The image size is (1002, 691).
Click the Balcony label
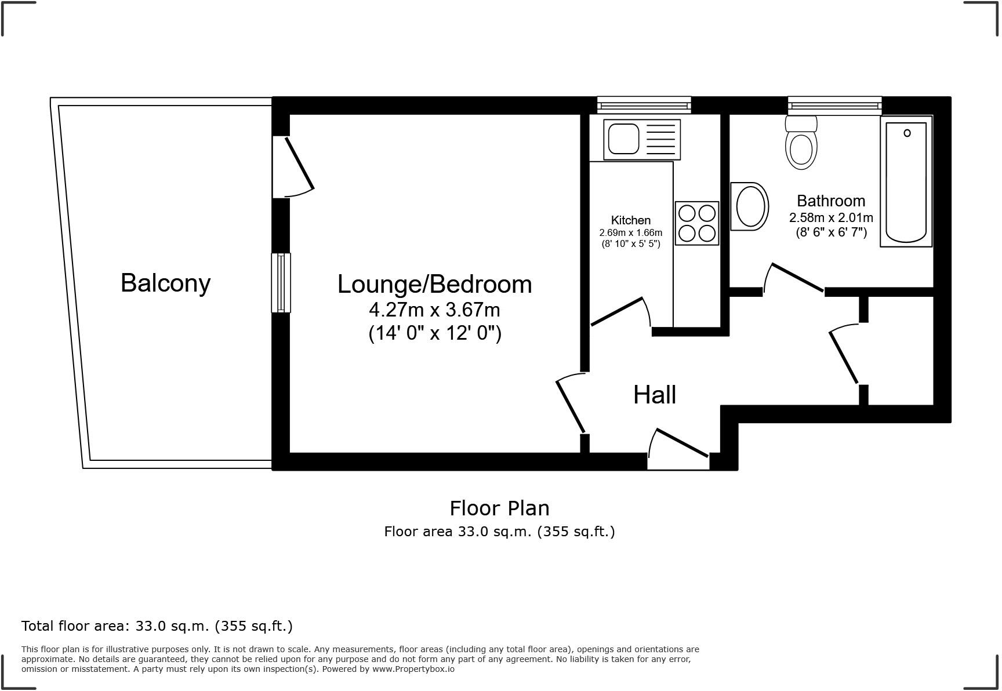click(x=165, y=283)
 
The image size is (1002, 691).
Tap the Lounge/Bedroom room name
click(x=434, y=284)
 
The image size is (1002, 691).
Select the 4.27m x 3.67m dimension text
click(x=434, y=310)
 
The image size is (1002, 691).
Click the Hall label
click(x=655, y=395)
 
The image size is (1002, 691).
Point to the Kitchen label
click(x=631, y=220)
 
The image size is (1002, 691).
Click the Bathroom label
click(x=831, y=201)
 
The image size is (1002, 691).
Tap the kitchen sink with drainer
click(x=641, y=139)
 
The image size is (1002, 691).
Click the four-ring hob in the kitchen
click(x=697, y=223)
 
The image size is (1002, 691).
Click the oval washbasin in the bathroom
click(x=751, y=206)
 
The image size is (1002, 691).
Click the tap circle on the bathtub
click(x=907, y=133)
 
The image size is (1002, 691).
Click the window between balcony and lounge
click(x=281, y=283)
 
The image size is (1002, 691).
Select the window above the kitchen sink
click(x=644, y=105)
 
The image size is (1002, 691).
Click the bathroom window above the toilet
click(x=834, y=105)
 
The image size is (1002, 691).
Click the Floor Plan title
click(x=499, y=508)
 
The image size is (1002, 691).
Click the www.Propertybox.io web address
click(x=413, y=669)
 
